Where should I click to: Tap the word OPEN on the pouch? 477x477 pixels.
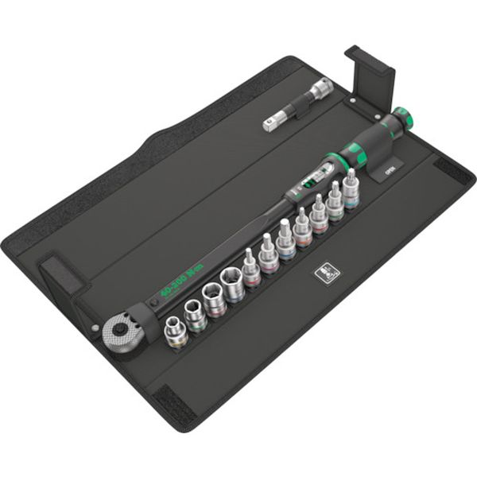390,169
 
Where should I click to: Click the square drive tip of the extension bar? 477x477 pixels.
268,124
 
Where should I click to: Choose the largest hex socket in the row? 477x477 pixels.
233,284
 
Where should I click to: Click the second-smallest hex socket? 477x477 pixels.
194,314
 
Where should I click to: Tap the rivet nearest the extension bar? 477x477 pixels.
349,103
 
